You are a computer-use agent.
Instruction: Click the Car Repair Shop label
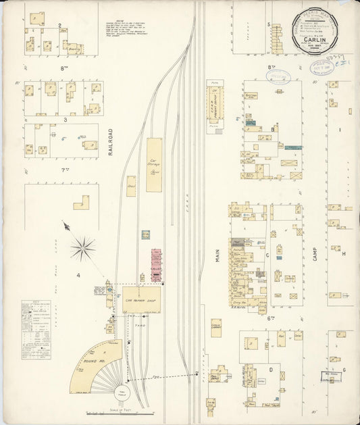(x=141, y=297)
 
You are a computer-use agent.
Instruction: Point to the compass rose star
(x=84, y=247)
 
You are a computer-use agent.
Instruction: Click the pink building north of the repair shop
(x=157, y=265)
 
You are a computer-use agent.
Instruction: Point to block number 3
(x=65, y=119)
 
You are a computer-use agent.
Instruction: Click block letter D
(x=270, y=370)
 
